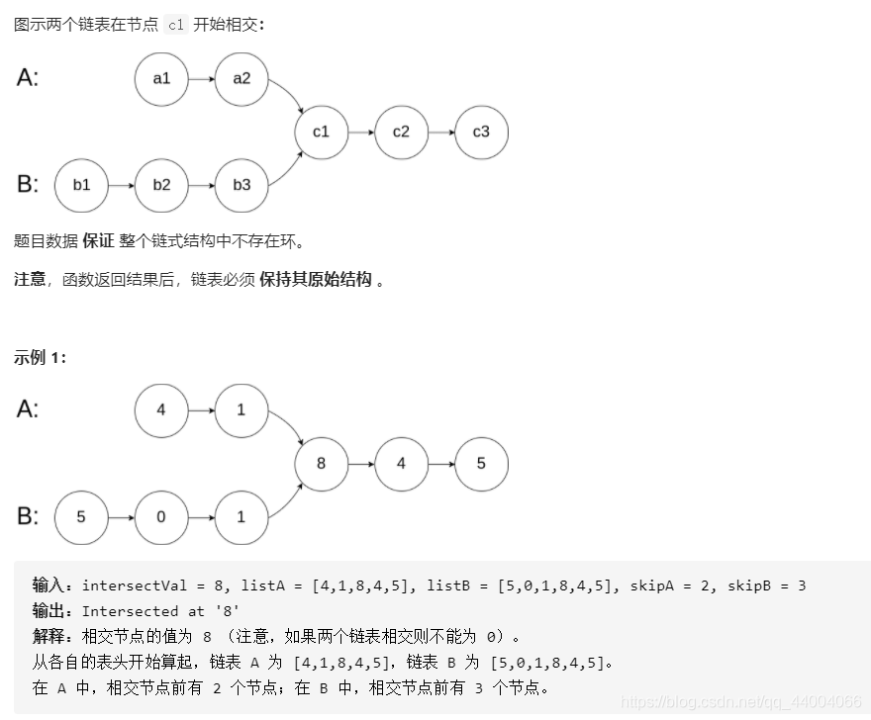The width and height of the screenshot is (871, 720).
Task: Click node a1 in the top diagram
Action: [161, 78]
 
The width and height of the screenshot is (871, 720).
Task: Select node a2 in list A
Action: [242, 78]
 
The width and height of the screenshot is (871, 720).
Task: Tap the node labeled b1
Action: [81, 185]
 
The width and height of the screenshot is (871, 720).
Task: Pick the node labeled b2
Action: [161, 185]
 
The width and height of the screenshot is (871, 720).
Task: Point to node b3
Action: [242, 185]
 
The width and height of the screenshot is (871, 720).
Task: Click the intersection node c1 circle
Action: [321, 132]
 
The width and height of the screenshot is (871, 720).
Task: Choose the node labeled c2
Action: [401, 132]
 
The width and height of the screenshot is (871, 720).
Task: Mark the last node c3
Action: [481, 132]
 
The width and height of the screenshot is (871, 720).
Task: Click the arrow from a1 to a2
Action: [202, 78]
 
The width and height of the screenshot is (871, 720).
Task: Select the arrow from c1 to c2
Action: [361, 132]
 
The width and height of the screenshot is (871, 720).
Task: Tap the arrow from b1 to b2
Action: [121, 185]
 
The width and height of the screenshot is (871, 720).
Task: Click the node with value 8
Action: [321, 463]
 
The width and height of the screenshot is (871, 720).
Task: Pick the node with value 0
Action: [161, 516]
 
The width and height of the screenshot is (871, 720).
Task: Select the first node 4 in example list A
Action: [161, 409]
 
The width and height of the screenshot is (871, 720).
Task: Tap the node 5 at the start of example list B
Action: [81, 516]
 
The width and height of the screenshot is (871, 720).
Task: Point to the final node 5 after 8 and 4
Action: [481, 463]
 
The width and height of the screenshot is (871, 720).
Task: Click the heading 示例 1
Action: [41, 358]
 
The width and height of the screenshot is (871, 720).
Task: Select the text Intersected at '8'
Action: [160, 611]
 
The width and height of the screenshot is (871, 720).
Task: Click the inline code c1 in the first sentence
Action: [176, 26]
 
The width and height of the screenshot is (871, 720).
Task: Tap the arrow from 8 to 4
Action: [361, 463]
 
